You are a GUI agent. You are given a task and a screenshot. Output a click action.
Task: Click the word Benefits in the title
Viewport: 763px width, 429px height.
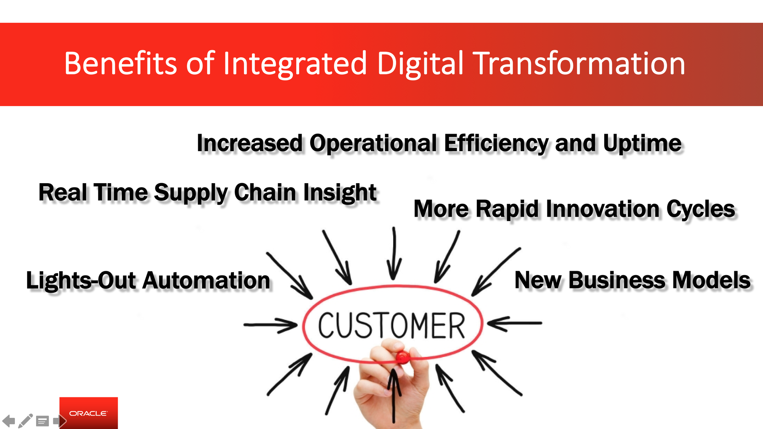(x=120, y=63)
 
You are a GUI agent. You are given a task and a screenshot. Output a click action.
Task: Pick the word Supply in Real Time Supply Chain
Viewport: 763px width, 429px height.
(x=191, y=193)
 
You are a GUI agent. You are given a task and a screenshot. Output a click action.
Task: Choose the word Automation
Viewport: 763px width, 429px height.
(x=206, y=280)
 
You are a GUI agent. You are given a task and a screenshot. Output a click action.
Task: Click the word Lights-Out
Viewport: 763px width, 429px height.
(x=81, y=280)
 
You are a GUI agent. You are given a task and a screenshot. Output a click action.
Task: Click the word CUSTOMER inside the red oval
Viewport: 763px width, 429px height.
(x=391, y=326)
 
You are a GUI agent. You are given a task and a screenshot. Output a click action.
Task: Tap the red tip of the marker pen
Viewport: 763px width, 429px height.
(x=403, y=357)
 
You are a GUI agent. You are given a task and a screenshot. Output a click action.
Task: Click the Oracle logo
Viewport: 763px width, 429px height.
(x=89, y=413)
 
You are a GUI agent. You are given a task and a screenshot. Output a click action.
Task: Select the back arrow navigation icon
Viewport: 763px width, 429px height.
(x=9, y=421)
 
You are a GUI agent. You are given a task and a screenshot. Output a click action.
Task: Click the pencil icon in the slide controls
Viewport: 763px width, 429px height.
(x=25, y=421)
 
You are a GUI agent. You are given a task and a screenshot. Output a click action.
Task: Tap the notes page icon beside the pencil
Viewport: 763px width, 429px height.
(x=42, y=421)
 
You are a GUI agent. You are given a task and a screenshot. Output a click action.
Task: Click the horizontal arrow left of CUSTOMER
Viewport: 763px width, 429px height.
(x=270, y=325)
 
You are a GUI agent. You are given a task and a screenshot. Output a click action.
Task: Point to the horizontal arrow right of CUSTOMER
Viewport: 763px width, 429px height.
(x=515, y=323)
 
